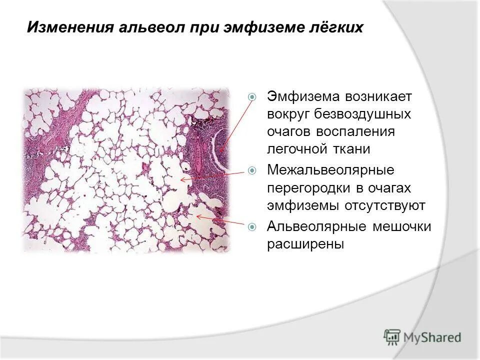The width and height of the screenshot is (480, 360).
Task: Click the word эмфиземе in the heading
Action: [x=264, y=27]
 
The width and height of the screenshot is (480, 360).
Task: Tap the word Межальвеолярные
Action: [x=331, y=170]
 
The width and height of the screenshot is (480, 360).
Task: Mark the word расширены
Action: [x=305, y=244]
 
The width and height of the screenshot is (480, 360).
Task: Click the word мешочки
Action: [x=401, y=226]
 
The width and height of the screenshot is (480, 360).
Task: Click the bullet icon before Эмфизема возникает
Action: [x=253, y=96]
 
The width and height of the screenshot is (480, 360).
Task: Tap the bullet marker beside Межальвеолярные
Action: [x=253, y=170]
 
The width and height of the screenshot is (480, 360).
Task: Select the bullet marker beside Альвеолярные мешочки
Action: [x=253, y=227]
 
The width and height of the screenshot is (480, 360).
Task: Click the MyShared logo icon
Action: [x=392, y=337]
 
